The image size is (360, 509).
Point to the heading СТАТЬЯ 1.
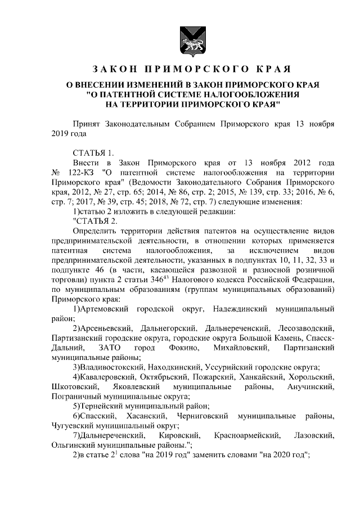click(93, 152)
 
